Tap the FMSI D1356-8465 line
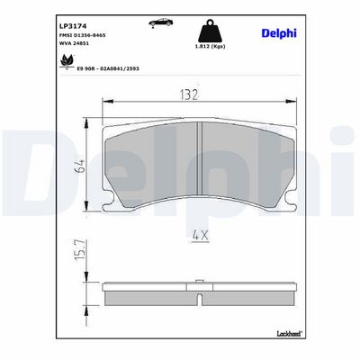(83, 35)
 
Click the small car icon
(161, 22)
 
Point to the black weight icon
(211, 31)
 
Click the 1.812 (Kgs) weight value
(211, 47)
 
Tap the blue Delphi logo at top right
(279, 32)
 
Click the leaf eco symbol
(67, 62)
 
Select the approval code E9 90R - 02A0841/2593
(108, 68)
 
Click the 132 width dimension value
(189, 94)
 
